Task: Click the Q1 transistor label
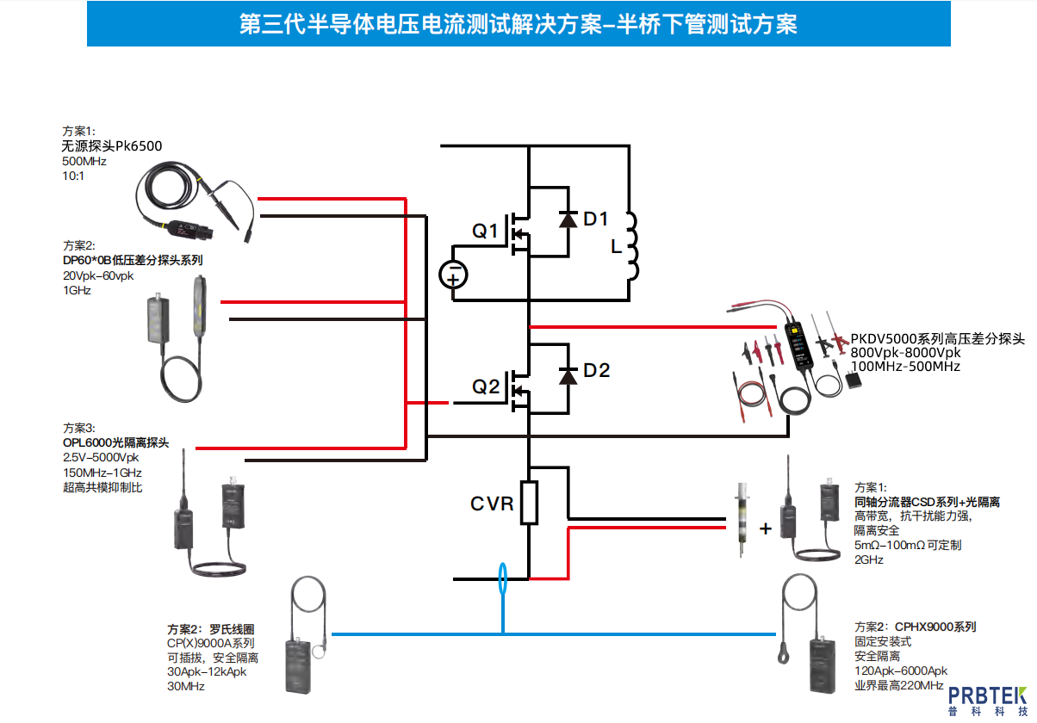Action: (x=485, y=231)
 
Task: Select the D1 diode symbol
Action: (x=567, y=219)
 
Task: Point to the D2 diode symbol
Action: (x=567, y=375)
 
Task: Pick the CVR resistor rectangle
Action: (x=529, y=504)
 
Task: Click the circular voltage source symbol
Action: (x=454, y=275)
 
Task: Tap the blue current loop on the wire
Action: (x=502, y=578)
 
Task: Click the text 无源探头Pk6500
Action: (x=111, y=146)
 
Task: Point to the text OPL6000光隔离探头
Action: (x=115, y=443)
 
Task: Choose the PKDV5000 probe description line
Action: (x=938, y=340)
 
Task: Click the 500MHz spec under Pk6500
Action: (x=84, y=161)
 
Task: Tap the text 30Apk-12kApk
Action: (x=207, y=671)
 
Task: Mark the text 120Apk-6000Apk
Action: (x=900, y=670)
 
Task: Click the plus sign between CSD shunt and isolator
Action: (x=765, y=528)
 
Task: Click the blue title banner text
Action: (x=518, y=24)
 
